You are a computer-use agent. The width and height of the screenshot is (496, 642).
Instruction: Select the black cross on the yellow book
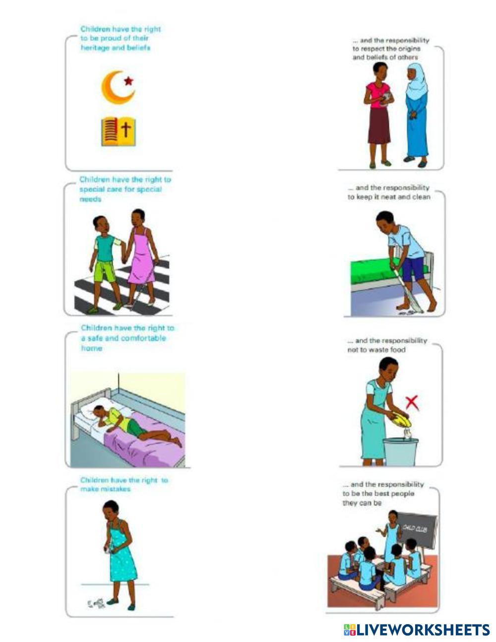tap(127, 130)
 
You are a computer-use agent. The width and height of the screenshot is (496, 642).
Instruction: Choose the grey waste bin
tap(401, 451)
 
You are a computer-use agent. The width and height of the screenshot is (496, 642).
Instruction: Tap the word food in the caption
tap(397, 350)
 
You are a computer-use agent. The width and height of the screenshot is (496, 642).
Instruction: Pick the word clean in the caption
tap(420, 197)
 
